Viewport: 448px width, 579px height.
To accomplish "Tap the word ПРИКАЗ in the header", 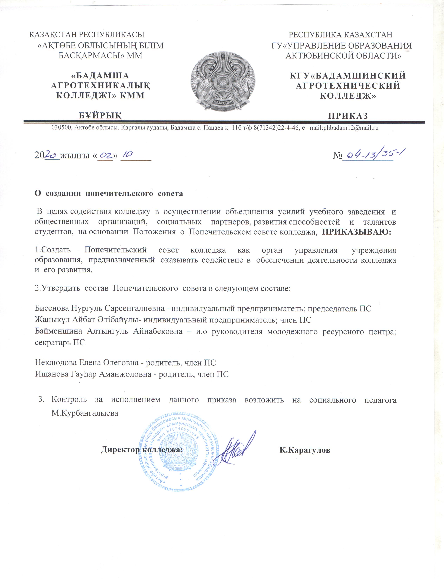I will pos(348,116).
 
